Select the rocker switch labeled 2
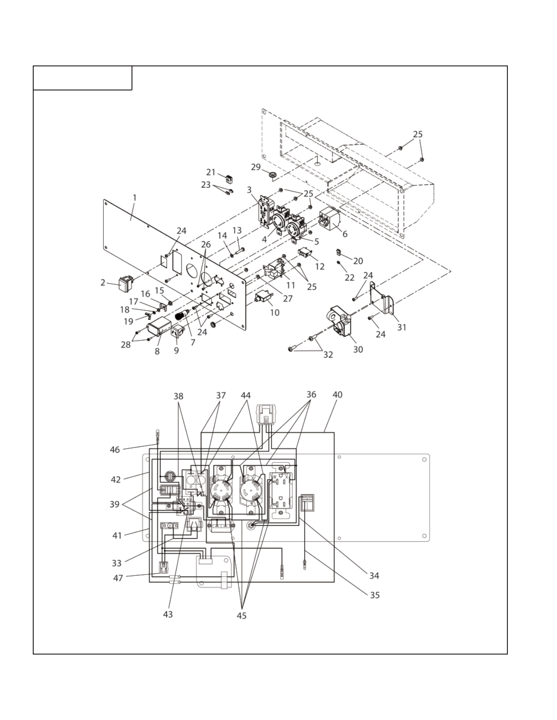click(124, 284)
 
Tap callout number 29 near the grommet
click(256, 167)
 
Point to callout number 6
click(345, 234)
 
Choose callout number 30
click(358, 349)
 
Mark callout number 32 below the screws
click(328, 355)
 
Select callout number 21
click(211, 172)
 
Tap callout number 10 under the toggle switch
click(274, 313)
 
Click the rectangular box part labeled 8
click(159, 329)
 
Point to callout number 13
click(237, 230)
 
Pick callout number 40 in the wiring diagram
click(337, 395)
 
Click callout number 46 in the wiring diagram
click(115, 450)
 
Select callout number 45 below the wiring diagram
click(242, 615)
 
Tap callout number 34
click(374, 575)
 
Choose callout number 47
click(118, 578)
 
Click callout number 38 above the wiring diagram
click(178, 396)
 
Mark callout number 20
click(358, 261)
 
